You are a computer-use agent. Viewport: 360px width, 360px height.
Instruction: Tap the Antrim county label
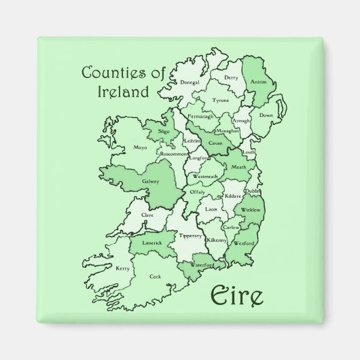259,83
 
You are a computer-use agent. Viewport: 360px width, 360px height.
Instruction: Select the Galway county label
150,181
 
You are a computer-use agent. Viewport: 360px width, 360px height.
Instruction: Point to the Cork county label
156,276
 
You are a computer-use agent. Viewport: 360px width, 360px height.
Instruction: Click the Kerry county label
122,269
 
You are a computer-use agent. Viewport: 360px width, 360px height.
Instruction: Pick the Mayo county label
140,147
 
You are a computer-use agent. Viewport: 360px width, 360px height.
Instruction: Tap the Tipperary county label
191,236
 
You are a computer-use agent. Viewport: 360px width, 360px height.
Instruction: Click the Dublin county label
253,192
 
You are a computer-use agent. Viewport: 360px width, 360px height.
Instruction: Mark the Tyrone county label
220,100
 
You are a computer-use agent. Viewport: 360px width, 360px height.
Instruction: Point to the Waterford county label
202,264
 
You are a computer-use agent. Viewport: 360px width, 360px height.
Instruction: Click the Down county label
266,116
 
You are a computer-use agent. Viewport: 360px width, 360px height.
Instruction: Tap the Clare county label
147,215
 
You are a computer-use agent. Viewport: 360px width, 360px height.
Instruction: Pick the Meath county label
238,167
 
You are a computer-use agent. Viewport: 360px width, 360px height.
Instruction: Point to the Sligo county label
163,131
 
